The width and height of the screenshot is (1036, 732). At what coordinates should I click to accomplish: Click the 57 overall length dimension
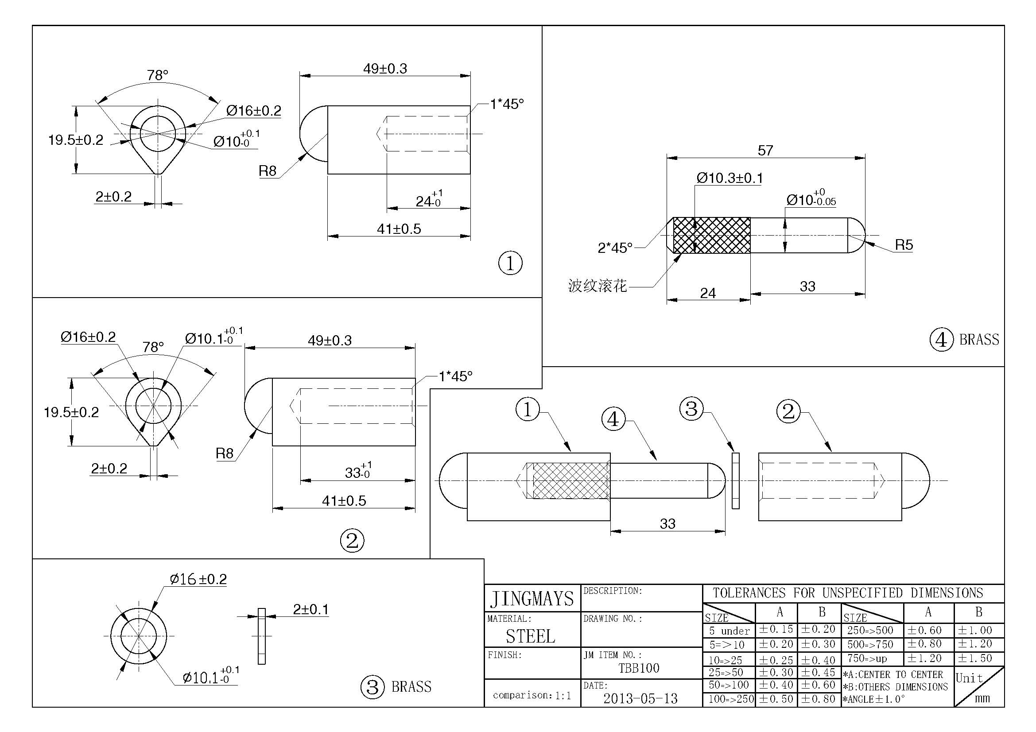coord(765,150)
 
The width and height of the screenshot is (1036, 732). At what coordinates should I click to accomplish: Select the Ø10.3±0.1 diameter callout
coord(729,178)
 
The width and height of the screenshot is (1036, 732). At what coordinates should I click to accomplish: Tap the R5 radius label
coord(904,245)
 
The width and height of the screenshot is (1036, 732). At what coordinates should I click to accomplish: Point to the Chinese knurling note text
coord(597,286)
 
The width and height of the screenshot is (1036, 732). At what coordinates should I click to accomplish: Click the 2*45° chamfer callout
coord(615,248)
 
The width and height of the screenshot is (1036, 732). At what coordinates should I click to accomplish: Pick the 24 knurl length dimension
coord(707,293)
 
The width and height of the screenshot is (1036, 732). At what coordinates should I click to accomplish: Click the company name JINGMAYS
coord(532,599)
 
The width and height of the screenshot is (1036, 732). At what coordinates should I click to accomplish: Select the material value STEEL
coord(530,636)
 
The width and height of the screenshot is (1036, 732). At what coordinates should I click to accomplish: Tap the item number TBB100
coord(639,668)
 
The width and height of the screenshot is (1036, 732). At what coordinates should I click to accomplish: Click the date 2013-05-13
coord(640,699)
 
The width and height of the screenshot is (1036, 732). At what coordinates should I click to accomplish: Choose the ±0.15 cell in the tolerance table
coord(776,630)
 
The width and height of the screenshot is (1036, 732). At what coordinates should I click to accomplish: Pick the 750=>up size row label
coord(867,658)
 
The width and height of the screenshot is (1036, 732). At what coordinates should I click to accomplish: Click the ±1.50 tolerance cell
coord(975,658)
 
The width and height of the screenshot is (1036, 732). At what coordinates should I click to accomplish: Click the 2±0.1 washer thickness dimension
coord(310,610)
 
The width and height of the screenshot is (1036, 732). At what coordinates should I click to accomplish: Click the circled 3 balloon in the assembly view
coord(691,409)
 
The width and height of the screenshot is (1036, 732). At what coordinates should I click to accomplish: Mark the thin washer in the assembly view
coord(736,481)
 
